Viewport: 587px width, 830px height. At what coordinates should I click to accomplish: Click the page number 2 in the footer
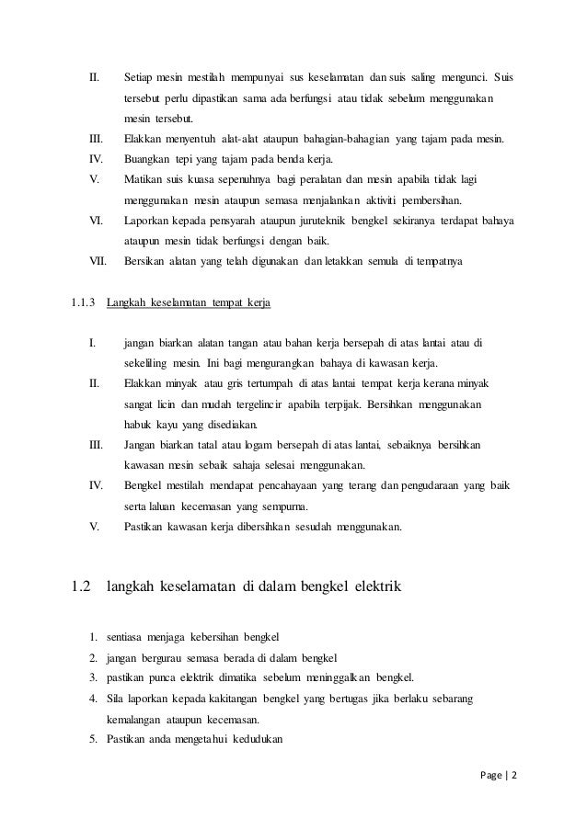[x=514, y=774]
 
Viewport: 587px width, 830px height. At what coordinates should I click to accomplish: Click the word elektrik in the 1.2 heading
[x=373, y=584]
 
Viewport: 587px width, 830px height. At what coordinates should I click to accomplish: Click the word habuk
[x=139, y=425]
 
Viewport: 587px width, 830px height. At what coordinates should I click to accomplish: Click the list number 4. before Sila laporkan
[x=94, y=699]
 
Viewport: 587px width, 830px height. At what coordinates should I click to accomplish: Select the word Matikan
[x=145, y=179]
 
